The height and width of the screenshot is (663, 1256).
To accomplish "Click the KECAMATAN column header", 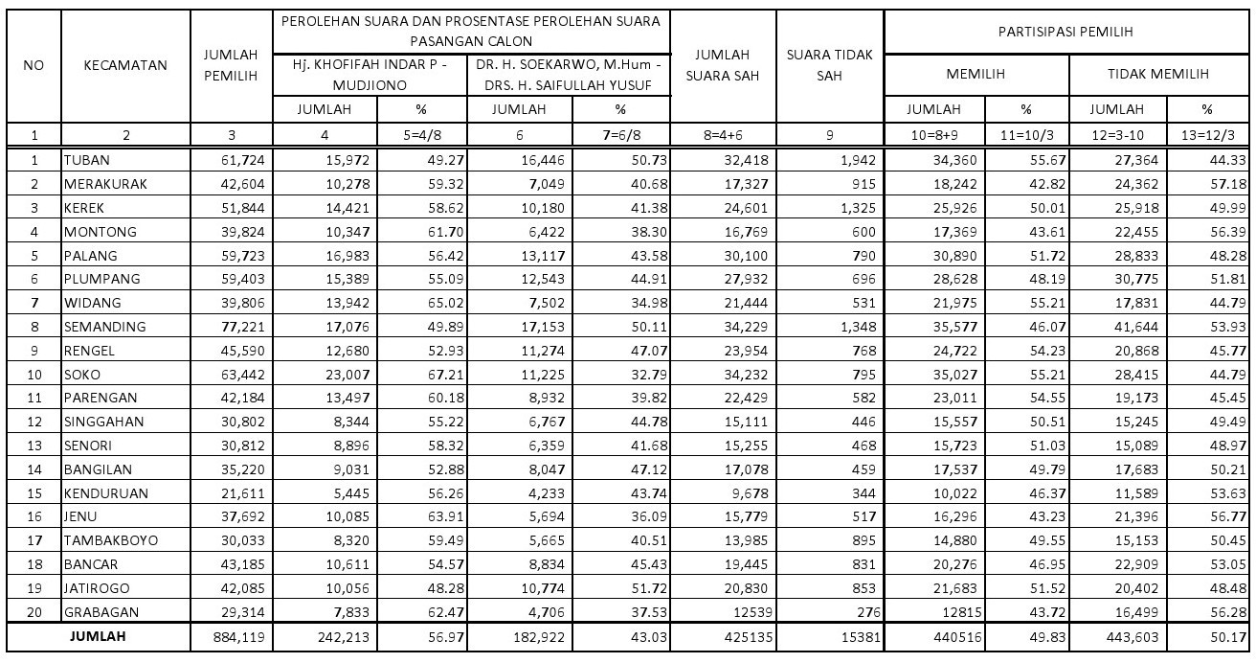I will [124, 66].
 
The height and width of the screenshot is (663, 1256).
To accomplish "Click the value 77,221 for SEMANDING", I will [242, 327].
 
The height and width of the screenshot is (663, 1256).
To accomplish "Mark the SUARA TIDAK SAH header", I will [829, 66].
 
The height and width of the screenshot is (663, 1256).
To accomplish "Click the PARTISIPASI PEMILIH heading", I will [1069, 32].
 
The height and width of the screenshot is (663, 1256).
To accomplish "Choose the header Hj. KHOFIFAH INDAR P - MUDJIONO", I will [374, 74].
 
